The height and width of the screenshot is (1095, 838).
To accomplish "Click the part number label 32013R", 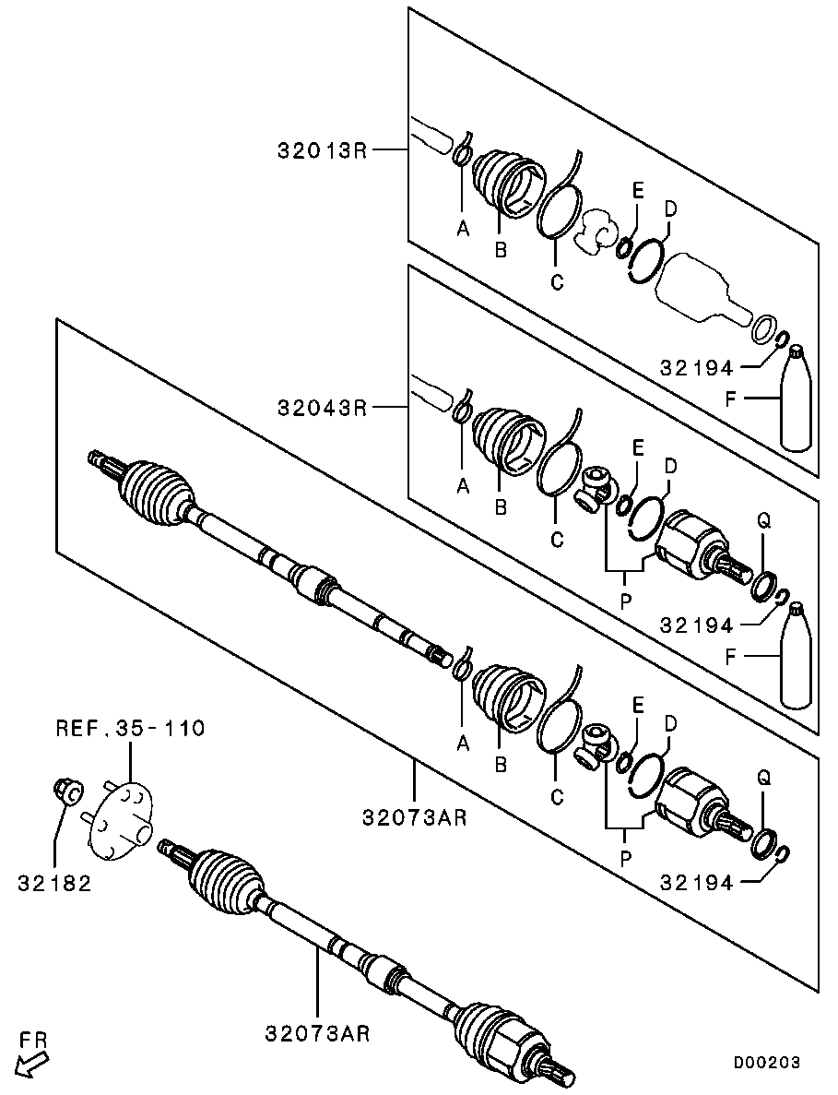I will click(x=322, y=149).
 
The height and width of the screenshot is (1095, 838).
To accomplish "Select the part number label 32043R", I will click(x=322, y=407).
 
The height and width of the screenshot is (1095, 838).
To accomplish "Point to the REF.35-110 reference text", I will click(x=130, y=730).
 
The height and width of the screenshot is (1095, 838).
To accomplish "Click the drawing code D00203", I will click(x=766, y=1063).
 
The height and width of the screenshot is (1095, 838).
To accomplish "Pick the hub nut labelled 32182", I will click(x=66, y=791).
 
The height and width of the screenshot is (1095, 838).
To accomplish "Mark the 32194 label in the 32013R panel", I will click(x=697, y=368).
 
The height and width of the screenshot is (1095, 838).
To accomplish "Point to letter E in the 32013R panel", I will click(x=637, y=191).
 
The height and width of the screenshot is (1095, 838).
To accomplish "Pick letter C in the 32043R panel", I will click(x=556, y=541).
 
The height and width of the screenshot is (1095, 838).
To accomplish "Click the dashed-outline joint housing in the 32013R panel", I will click(x=704, y=290).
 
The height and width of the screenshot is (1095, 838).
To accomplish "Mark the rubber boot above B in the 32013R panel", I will click(x=506, y=182).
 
